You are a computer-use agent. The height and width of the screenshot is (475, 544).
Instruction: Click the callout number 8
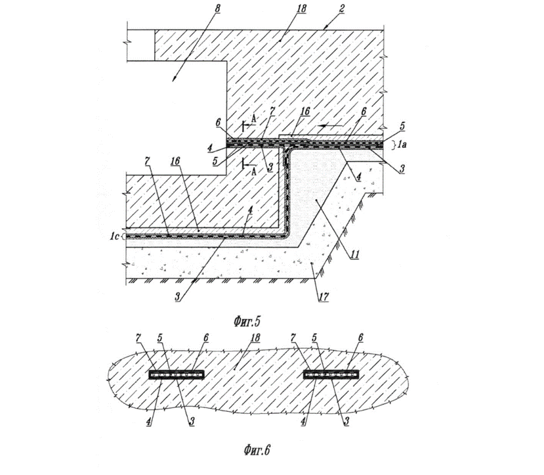pos(217,9)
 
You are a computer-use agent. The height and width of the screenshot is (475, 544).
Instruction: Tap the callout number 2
pos(342,9)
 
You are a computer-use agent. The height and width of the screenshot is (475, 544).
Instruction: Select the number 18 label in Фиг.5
pos(301,9)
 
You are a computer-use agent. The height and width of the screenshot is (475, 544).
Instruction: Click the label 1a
pos(401,145)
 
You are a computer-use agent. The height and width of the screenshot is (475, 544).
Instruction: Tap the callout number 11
pos(354,254)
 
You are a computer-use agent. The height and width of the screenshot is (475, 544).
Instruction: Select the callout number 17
pos(324,296)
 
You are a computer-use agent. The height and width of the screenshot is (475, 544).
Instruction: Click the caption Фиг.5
pos(247,321)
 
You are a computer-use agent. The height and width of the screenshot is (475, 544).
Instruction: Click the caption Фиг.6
pos(257,450)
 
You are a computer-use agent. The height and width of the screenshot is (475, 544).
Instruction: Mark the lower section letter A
pos(254,171)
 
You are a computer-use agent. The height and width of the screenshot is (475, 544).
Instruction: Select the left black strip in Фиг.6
pos(177,374)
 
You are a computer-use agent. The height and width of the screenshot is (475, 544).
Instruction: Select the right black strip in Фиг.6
pos(331,374)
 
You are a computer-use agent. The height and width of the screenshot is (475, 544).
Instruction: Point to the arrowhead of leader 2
pos(325,28)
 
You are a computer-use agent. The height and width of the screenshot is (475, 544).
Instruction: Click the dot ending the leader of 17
pos(312,264)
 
